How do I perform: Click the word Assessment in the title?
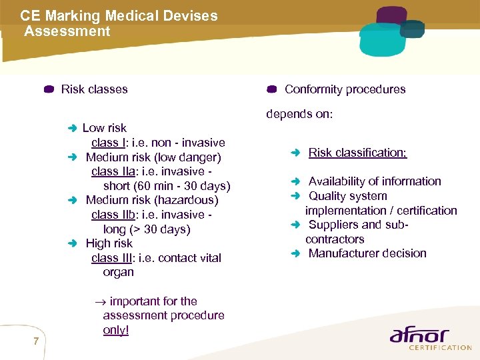(x=67, y=31)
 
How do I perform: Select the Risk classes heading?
(x=94, y=89)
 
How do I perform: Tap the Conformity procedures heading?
(x=345, y=89)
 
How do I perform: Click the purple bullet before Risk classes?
(x=49, y=90)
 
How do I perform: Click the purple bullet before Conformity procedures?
(x=271, y=90)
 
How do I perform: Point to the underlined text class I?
(x=108, y=143)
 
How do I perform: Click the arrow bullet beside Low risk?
(x=73, y=128)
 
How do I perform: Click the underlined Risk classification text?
(x=357, y=153)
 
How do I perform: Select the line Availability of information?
(x=375, y=181)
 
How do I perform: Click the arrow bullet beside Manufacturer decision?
(x=297, y=253)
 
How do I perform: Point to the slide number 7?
(x=35, y=342)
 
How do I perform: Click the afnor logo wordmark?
(x=419, y=335)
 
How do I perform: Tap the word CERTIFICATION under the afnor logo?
(x=440, y=347)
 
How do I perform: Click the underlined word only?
(x=116, y=330)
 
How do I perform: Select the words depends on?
(x=299, y=114)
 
